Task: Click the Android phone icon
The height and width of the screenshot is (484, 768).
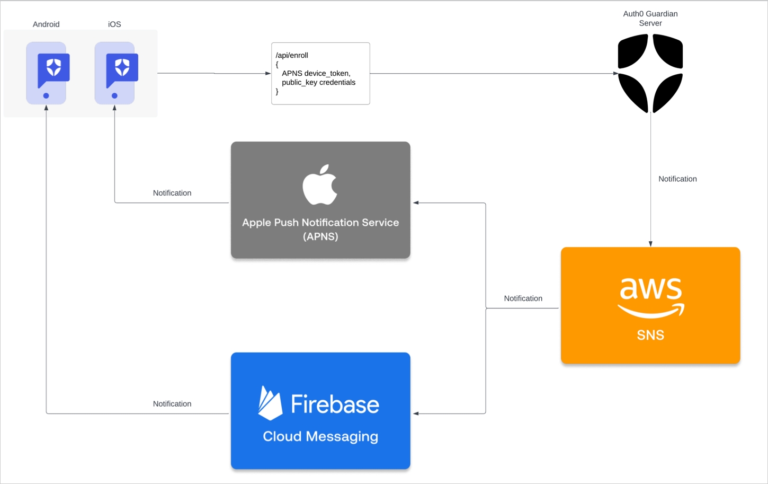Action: pos(47,73)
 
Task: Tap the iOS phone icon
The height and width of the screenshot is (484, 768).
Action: pos(115,73)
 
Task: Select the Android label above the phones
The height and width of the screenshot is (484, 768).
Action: pos(46,24)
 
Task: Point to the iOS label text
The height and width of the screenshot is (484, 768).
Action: pos(114,24)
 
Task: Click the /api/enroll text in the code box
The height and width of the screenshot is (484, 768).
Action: pos(292,55)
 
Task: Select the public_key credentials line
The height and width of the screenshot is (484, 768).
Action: pos(318,83)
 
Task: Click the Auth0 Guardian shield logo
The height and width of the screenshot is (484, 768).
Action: pos(650,73)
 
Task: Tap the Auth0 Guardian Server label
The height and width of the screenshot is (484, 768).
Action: pos(650,19)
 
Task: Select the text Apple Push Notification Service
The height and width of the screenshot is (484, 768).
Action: pos(320,223)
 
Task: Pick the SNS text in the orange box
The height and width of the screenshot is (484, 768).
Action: pos(650,335)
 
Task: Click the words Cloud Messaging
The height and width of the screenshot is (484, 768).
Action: pos(320,436)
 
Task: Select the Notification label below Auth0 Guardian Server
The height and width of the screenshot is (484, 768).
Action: pos(677,179)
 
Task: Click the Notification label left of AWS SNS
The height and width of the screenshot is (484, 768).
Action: pos(523,298)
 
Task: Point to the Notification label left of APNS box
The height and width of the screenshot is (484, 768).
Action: pos(172,193)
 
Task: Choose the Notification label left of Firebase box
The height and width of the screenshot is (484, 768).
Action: pos(172,404)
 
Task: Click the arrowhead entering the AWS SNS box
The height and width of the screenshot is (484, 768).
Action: pos(650,244)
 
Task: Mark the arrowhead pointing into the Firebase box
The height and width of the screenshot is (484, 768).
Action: pos(416,413)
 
